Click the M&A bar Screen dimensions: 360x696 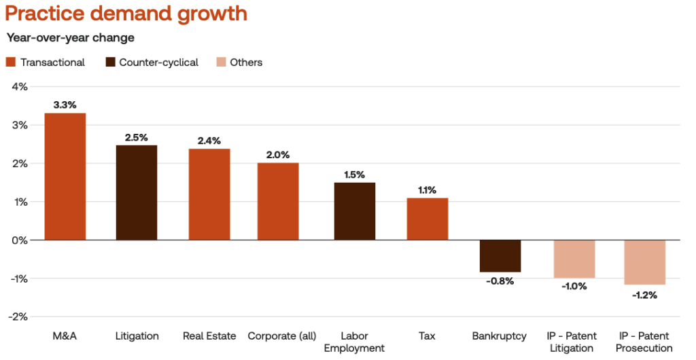tap(65, 176)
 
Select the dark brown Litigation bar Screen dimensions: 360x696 tap(137, 192)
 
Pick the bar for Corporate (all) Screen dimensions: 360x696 tap(277, 201)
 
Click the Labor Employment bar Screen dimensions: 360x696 tap(354, 211)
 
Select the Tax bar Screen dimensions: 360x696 tap(427, 219)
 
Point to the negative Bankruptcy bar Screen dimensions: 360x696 tap(500, 255)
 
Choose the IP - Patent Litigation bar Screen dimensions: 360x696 tap(574, 259)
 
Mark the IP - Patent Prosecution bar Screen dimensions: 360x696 tap(644, 262)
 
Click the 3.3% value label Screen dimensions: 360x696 tap(65, 105)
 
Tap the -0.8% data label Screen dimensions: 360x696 tap(500, 281)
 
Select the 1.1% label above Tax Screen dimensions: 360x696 tap(427, 190)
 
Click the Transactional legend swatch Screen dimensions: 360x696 tap(10, 62)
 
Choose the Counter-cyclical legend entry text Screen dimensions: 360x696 tap(158, 62)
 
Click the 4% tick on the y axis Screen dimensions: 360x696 tap(18, 86)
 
